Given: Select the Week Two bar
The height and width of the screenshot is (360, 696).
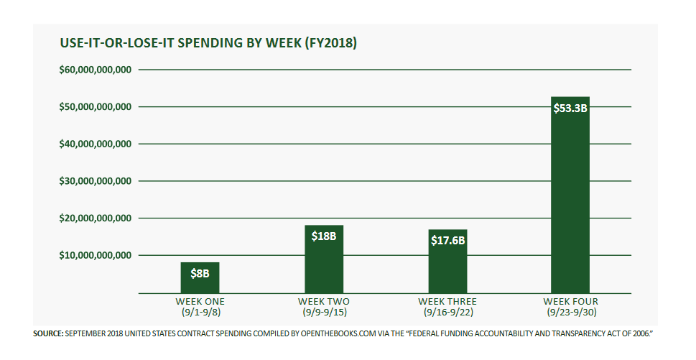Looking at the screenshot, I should click(324, 266).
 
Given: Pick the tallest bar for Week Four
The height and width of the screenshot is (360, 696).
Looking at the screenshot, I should click(570, 201).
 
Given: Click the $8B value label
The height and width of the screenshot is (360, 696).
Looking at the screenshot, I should click(200, 273).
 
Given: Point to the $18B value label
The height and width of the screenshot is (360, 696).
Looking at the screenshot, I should click(324, 236).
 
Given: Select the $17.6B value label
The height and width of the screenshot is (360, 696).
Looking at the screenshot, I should click(447, 240).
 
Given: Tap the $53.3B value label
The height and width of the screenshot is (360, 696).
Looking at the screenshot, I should click(570, 109).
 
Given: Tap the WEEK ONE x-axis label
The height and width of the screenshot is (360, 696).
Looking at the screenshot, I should click(200, 301).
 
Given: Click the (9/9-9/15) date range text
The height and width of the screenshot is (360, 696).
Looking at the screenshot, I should click(324, 313).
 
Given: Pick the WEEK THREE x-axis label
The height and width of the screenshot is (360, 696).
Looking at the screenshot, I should click(447, 301).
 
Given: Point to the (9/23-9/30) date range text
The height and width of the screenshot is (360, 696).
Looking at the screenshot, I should click(570, 313).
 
